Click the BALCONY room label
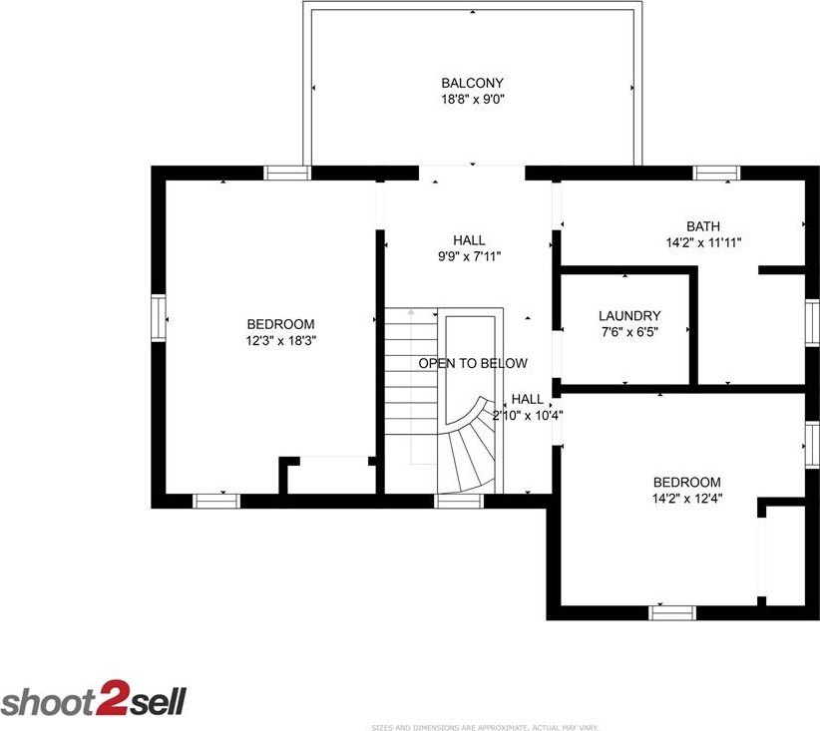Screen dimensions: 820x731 pos(472,83)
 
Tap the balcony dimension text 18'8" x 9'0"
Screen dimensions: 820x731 pos(473,100)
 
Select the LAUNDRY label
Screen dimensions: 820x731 pos(629,316)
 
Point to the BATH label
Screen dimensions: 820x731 pos(703,226)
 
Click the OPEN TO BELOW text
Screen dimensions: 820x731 pos(473,363)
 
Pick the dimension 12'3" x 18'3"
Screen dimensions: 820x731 pos(281,341)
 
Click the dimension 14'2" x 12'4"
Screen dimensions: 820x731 pos(687,499)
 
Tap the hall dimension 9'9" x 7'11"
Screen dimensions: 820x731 pos(469,256)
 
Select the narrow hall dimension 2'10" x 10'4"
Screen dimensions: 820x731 pos(528,416)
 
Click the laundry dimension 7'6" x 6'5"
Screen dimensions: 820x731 pos(629,332)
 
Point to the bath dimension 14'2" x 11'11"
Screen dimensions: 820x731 pos(703,242)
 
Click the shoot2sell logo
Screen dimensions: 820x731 pos(94,698)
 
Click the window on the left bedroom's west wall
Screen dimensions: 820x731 pos(159,318)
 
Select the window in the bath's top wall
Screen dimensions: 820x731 pos(716,174)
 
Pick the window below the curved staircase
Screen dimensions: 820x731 pos(459,501)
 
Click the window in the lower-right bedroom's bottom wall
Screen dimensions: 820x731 pos(672,613)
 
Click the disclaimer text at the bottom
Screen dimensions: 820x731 pos(485,727)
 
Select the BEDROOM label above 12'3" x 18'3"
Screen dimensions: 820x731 pos(281,324)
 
